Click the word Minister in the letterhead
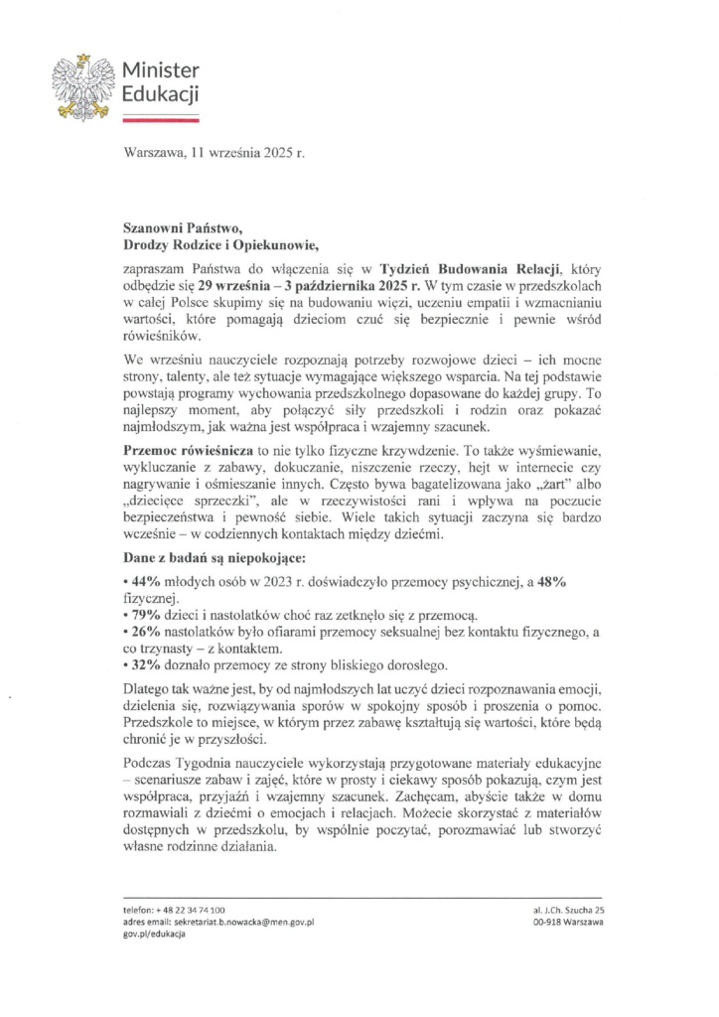[159, 72]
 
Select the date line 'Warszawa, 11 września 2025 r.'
[214, 155]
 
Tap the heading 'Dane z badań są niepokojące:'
[208, 558]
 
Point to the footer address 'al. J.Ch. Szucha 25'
[569, 910]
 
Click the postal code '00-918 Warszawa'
[569, 923]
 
